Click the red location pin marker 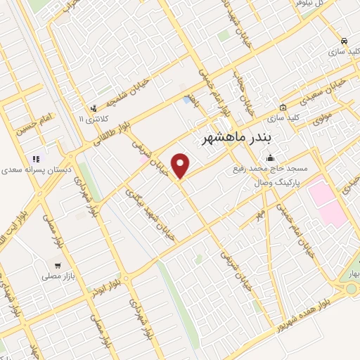[181, 166]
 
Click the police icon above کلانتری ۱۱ [94, 108]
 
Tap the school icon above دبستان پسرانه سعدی [36, 159]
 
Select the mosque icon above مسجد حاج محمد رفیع [269, 158]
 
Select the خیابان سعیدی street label [328, 91]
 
